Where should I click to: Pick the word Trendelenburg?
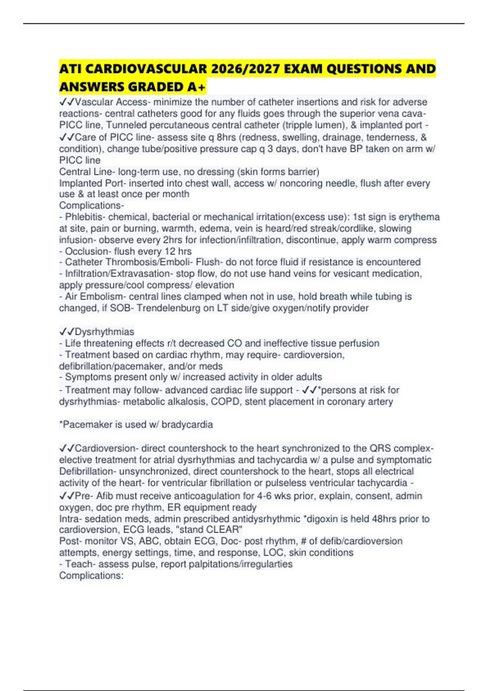click(168, 308)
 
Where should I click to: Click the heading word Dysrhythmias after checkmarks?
click(105, 332)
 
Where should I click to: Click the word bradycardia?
click(187, 424)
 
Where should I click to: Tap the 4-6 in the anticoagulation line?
click(264, 496)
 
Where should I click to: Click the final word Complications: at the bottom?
click(91, 576)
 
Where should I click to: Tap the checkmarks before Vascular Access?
click(67, 102)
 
